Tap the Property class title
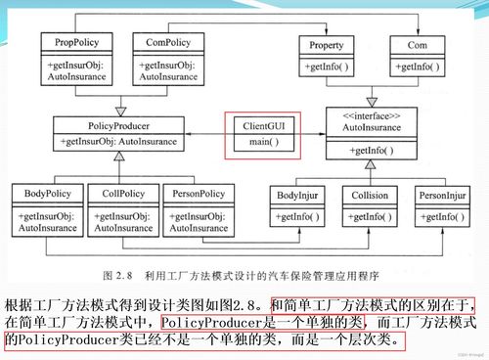(x=326, y=45)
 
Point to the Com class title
(x=418, y=45)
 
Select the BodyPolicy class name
(x=47, y=194)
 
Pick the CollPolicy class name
(x=121, y=194)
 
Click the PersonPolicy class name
(x=196, y=194)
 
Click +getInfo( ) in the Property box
(x=326, y=67)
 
